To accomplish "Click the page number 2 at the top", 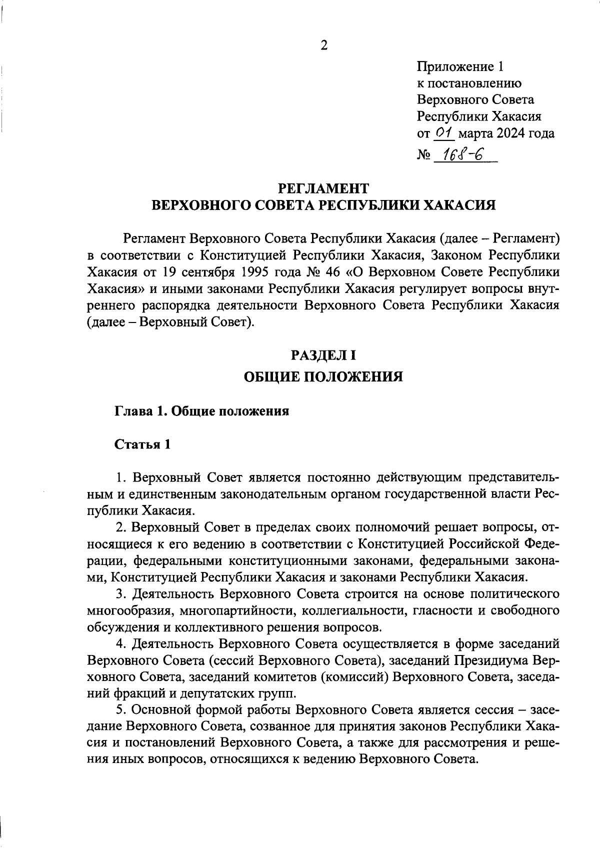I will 323,45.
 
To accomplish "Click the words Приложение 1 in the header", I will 461,66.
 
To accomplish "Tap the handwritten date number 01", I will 443,133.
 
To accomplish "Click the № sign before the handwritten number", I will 423,156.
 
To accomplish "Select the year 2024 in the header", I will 512,133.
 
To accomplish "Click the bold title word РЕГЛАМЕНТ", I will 323,188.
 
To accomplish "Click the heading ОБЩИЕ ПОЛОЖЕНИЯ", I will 323,376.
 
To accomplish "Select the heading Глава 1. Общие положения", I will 202,411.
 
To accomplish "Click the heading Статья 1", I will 143,444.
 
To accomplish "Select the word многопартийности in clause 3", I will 237,610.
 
